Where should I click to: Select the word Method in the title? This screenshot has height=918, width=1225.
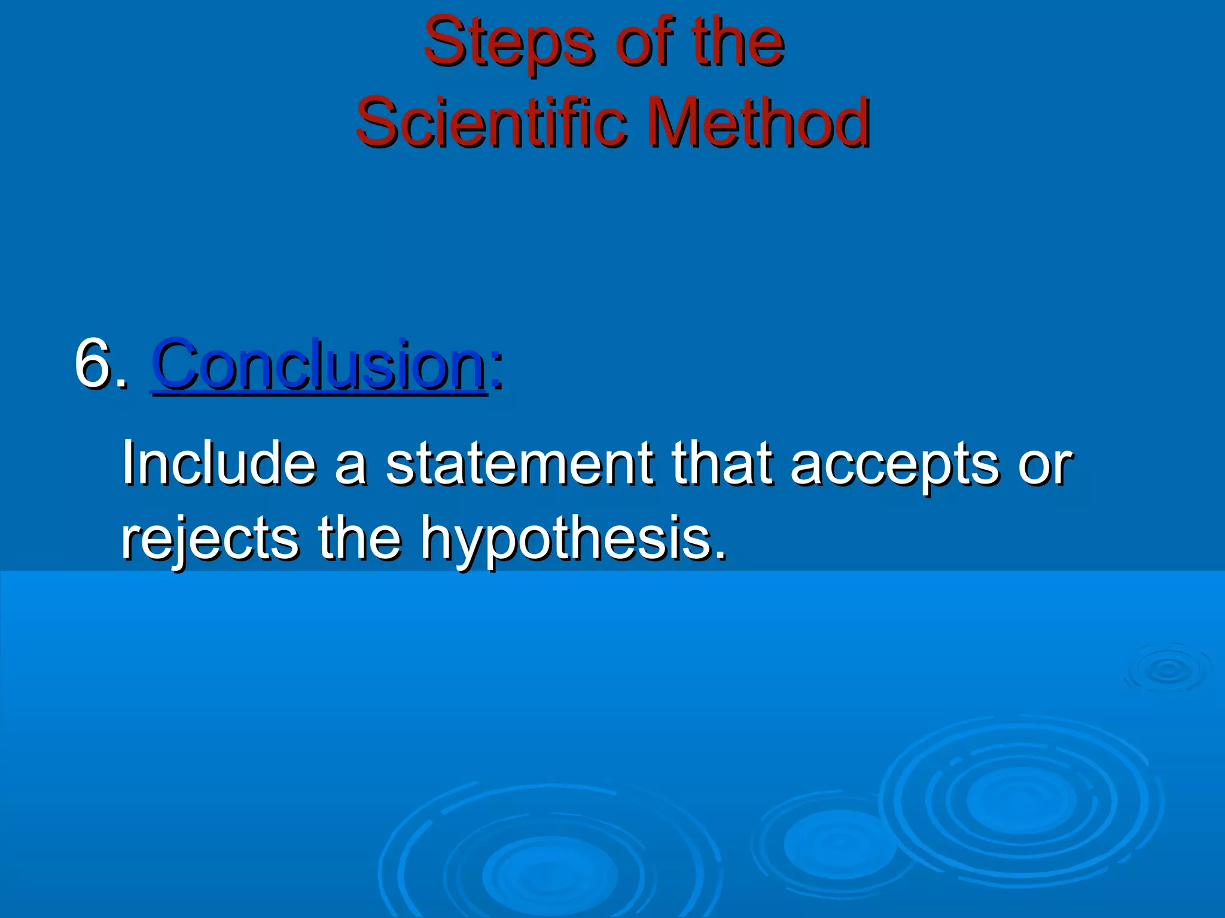pos(758,123)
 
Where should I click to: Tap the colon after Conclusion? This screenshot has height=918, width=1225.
pos(496,372)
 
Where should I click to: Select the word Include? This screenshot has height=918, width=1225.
pos(218,463)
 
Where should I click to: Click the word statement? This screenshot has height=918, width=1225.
pos(519,463)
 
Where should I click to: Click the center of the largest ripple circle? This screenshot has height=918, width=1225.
pos(1020,801)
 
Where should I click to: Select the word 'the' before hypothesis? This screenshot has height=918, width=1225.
pos(359,538)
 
